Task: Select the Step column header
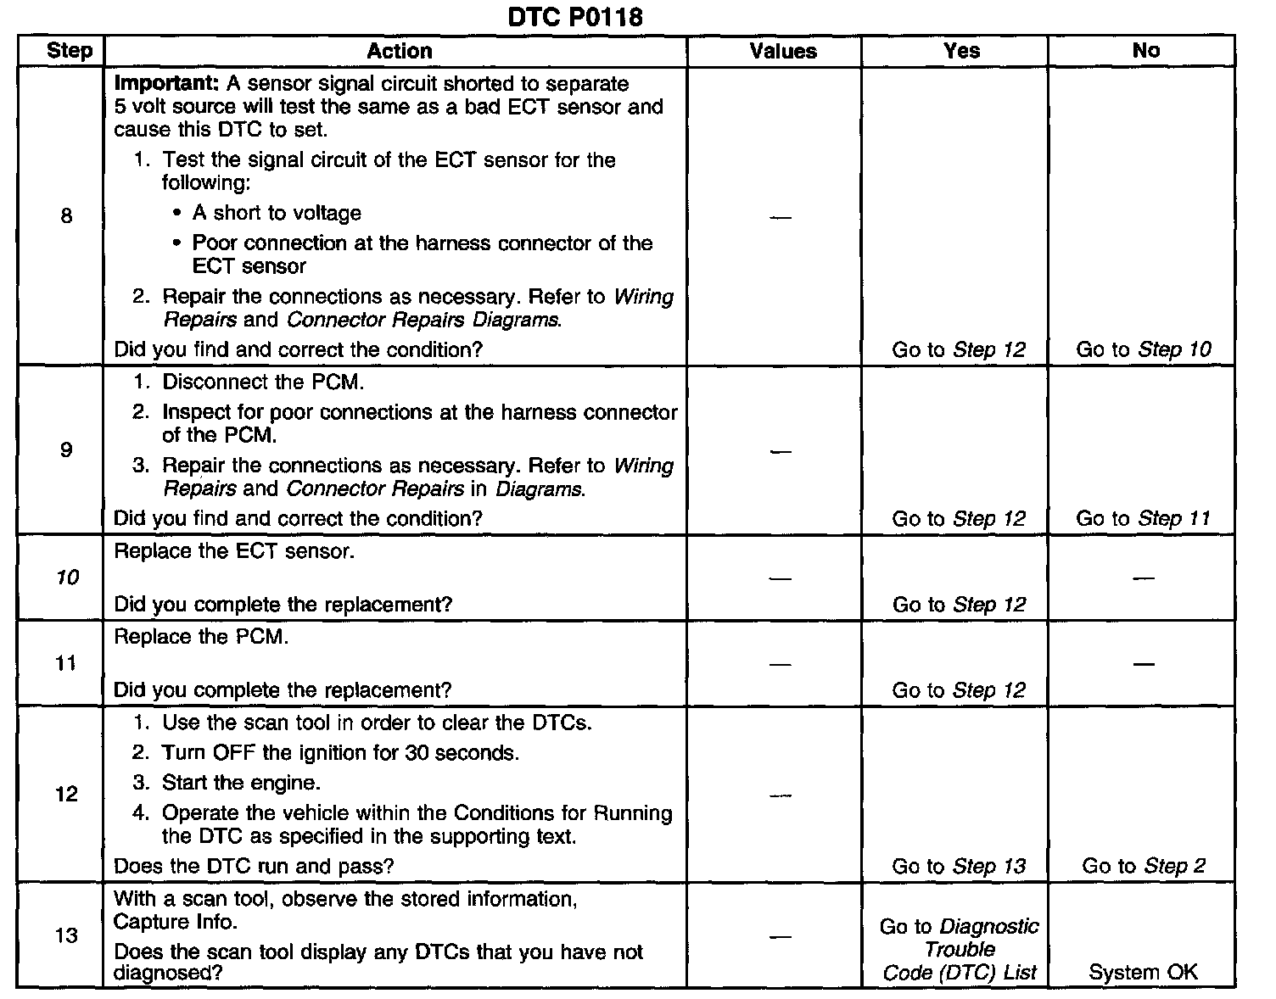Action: coord(70,51)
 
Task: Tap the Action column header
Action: coord(399,51)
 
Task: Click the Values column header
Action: coord(782,51)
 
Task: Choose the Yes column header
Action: coord(961,51)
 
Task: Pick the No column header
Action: coord(1145,51)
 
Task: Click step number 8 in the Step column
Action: coord(66,216)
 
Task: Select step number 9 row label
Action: coord(66,449)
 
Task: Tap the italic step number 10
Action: coord(67,578)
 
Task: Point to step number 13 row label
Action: coord(66,935)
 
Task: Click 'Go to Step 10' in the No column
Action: coord(1143,349)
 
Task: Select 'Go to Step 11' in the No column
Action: coord(1143,518)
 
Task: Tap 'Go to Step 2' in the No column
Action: coord(1143,866)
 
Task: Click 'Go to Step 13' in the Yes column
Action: coord(959,866)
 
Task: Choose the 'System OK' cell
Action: coord(1143,972)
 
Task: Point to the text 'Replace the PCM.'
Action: coord(201,637)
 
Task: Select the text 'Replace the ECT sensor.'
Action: coord(234,551)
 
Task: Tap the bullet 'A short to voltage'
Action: coord(277,213)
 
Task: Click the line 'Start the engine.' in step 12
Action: coord(241,783)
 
